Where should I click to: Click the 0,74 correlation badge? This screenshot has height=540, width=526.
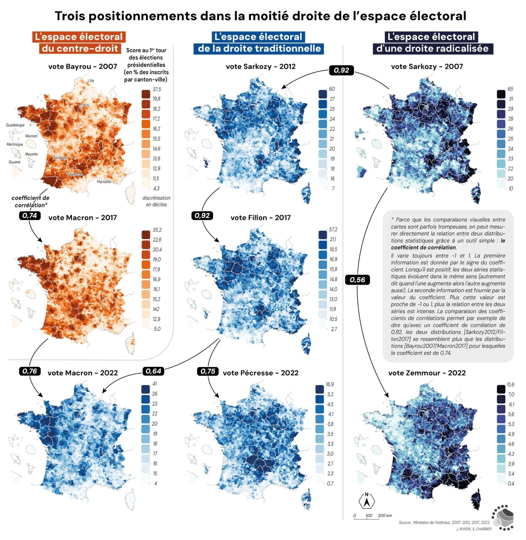point(30,216)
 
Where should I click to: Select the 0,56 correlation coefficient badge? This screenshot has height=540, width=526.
point(357,280)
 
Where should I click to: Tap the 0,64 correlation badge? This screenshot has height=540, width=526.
point(153,371)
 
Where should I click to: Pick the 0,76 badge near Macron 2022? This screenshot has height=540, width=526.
point(30,371)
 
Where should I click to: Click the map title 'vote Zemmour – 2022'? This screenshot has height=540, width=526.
point(427,373)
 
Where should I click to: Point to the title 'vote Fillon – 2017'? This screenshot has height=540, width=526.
point(261,218)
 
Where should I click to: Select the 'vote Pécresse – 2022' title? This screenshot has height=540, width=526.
point(261,373)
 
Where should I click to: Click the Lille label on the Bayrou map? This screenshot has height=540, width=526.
point(91,81)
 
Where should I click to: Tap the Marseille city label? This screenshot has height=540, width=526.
point(104,182)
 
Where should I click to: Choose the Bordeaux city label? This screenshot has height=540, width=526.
point(61,157)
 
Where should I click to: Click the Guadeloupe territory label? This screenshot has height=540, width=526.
point(15,125)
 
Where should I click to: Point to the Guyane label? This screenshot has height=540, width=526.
point(14,162)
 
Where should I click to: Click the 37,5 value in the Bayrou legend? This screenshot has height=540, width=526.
point(157,89)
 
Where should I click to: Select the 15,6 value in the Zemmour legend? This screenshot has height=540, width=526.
point(511,385)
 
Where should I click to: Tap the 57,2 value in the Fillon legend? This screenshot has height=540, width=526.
point(333,229)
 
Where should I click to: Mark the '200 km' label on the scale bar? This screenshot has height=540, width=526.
point(385,516)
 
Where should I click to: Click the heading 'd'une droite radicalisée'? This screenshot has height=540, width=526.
point(432,49)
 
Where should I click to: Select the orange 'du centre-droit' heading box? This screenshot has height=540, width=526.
point(80,49)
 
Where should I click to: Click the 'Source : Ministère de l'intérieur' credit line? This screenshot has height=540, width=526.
point(444,522)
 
